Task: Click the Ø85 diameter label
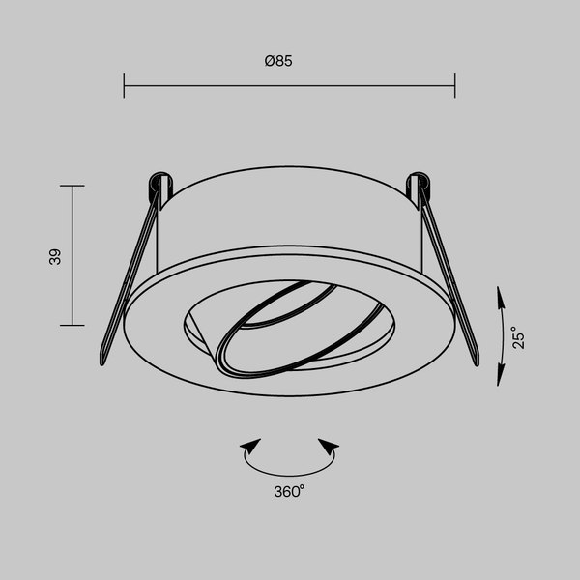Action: (278, 61)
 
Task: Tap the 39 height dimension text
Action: (55, 256)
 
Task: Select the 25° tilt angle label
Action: (519, 336)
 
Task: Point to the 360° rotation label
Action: (289, 491)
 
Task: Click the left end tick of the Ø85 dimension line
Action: (125, 85)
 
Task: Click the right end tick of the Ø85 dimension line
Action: (454, 85)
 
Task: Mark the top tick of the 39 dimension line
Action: (72, 186)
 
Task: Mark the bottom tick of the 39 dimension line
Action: (72, 325)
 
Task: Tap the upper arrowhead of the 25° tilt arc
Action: (501, 294)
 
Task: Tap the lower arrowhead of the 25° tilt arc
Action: (501, 378)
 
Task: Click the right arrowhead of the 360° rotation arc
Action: (329, 448)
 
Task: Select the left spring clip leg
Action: (128, 280)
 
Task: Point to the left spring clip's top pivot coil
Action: (158, 182)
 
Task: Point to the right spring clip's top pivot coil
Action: (420, 182)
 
